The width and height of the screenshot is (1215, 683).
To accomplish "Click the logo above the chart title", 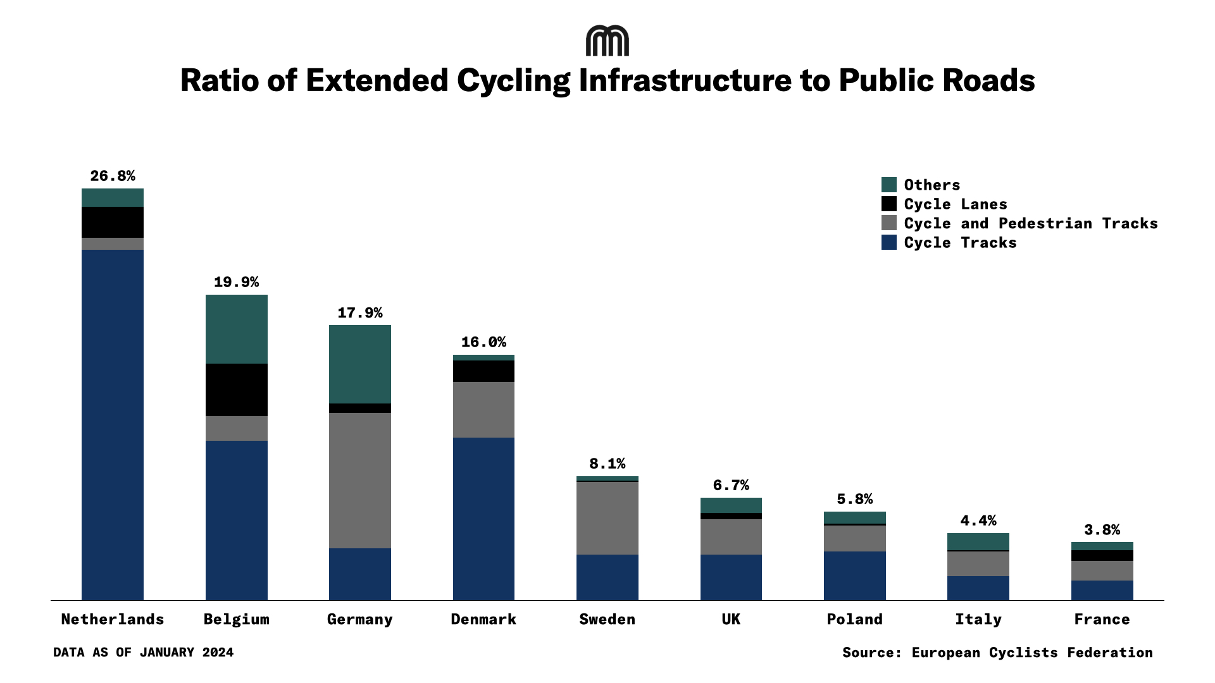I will tap(607, 41).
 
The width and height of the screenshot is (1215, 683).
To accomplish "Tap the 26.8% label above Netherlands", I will tap(113, 176).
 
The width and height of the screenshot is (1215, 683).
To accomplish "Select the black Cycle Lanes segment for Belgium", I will tap(237, 390).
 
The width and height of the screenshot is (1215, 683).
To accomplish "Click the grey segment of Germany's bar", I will tap(360, 481).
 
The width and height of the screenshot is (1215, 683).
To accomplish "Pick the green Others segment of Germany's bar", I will tap(360, 364).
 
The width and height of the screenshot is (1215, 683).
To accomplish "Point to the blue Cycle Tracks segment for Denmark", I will tap(483, 519).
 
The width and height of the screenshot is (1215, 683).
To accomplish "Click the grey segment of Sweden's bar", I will tap(607, 518).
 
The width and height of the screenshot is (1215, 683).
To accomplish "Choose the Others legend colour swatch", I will tap(889, 185).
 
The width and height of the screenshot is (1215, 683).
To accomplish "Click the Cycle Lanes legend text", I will tap(956, 204).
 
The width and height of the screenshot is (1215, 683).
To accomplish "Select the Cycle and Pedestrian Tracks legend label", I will tap(1031, 223).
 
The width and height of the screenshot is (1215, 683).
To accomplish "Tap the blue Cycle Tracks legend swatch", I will tap(889, 242).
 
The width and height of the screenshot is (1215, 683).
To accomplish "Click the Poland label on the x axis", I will tap(854, 619).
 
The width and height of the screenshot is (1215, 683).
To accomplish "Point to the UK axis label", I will tap(731, 619).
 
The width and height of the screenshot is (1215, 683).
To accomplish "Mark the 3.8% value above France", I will tap(1102, 529).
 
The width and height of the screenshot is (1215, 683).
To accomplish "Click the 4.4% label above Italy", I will tap(978, 520).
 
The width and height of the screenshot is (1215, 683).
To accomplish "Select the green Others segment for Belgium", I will tap(237, 329).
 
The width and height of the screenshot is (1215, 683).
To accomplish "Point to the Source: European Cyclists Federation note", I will tap(997, 653).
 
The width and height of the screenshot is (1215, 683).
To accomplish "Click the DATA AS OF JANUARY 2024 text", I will tap(144, 653).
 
